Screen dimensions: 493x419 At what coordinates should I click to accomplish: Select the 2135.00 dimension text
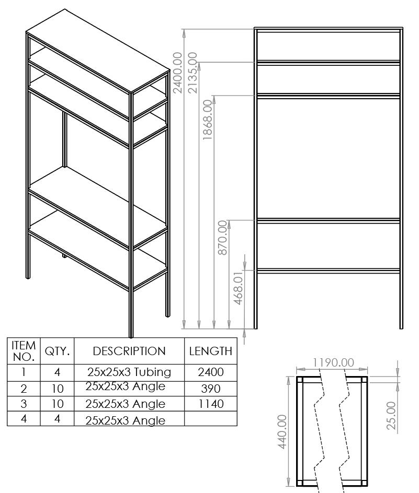pos(192,73)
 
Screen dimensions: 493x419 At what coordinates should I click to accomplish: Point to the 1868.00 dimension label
pos(208,120)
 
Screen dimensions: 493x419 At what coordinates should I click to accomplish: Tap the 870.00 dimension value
pos(223,238)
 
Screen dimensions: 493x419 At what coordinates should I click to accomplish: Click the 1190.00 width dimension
pos(332,362)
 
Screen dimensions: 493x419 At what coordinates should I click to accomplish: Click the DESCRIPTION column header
pos(129,351)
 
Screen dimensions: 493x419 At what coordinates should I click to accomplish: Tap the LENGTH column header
pos(211,351)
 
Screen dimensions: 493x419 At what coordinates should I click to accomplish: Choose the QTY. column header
pos(58,351)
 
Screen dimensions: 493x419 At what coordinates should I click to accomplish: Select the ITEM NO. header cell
pos(24,351)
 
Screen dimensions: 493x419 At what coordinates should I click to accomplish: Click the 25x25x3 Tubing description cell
pos(129,372)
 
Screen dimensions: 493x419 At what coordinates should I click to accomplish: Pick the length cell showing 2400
pos(211,372)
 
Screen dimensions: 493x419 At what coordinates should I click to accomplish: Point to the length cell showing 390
pos(211,389)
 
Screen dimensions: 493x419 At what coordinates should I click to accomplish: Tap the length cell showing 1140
pos(211,404)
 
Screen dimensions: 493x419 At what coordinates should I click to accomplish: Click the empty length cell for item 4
pos(211,419)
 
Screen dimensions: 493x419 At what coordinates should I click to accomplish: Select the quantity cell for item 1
pos(58,372)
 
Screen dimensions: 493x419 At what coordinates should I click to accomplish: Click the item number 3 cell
pos(24,404)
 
